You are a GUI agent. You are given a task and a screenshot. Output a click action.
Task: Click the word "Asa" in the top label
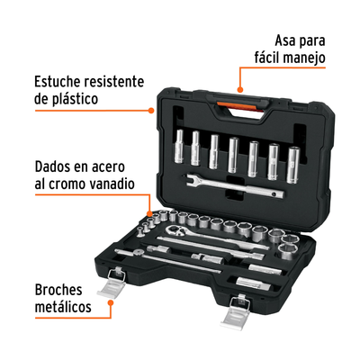(285, 41)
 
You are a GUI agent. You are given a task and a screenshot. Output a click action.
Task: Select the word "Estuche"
(58, 82)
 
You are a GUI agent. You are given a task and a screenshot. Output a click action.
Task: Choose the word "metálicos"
(63, 307)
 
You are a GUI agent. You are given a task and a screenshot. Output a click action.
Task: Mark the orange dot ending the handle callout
(239, 89)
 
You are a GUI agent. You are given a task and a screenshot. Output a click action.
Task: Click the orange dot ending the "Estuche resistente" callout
(151, 111)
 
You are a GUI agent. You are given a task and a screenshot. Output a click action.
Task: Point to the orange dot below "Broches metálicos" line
(111, 302)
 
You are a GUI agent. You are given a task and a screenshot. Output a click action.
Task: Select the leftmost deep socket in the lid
(179, 147)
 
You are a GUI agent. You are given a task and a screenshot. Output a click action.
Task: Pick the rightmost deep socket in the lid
(293, 165)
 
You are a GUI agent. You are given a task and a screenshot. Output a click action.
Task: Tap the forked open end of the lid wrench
(190, 179)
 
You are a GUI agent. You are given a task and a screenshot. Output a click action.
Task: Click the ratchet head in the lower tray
(174, 230)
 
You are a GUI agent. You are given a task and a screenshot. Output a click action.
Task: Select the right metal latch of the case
(236, 312)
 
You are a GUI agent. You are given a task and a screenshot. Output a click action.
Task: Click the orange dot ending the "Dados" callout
(149, 213)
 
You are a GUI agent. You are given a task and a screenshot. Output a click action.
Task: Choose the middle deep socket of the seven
(233, 155)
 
